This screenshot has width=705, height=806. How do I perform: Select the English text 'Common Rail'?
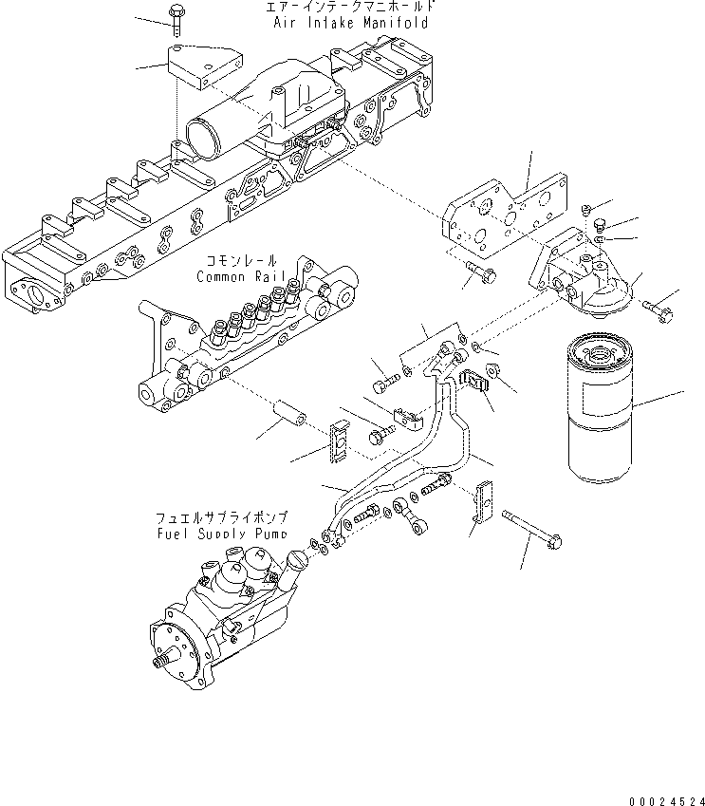tap(236, 276)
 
